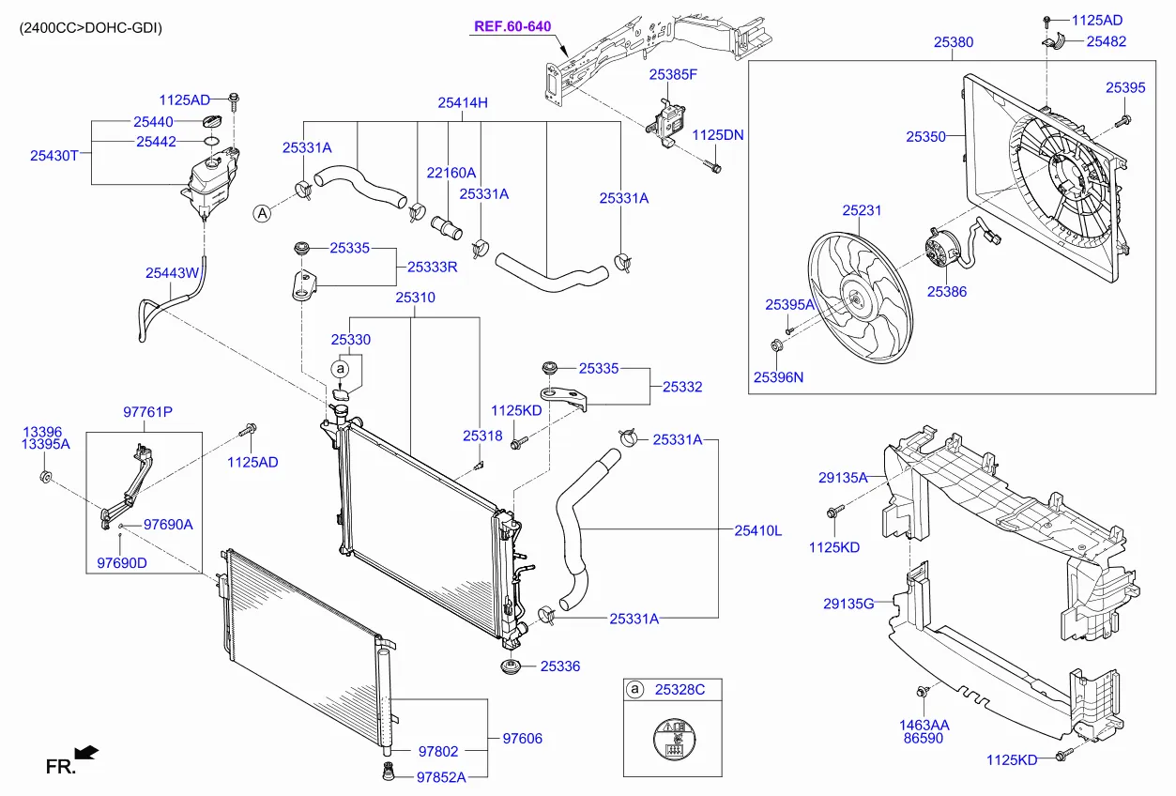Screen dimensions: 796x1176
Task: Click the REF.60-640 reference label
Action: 512,26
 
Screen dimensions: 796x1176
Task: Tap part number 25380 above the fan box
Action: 953,42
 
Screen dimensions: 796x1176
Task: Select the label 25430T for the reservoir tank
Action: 53,156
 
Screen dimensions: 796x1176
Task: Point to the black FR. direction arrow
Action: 86,752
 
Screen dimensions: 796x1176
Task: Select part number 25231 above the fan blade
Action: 861,211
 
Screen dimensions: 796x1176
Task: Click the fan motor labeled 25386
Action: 938,250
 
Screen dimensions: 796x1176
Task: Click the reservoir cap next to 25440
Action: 213,123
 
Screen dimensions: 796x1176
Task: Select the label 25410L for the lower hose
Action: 757,530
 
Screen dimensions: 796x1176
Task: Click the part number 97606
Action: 522,739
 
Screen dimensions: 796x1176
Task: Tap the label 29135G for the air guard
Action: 848,604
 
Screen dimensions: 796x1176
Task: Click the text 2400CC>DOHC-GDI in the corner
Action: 90,28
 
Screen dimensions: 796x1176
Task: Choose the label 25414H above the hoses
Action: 463,103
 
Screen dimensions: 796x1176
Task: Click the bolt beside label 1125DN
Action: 714,169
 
